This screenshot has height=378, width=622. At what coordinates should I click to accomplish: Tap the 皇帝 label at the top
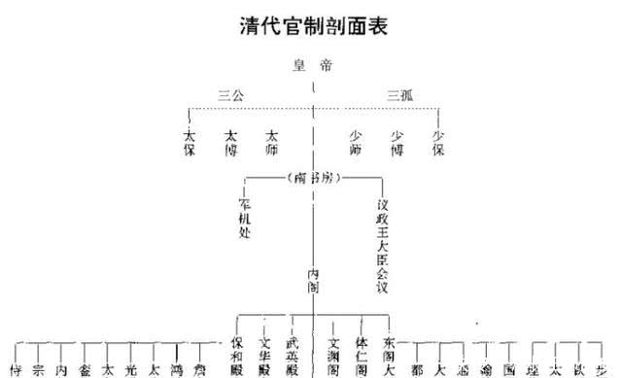click(313, 66)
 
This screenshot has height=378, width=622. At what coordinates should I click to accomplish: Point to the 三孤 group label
click(400, 95)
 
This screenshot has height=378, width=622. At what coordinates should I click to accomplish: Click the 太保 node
click(190, 143)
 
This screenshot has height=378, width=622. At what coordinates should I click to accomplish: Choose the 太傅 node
click(230, 143)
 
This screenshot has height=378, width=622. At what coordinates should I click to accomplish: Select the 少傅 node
click(397, 143)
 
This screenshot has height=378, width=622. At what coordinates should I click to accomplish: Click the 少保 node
click(438, 142)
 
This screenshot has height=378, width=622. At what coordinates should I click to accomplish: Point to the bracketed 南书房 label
click(313, 178)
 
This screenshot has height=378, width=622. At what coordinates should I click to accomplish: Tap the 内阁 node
click(313, 281)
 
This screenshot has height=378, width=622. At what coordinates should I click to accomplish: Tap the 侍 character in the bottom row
click(16, 370)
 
